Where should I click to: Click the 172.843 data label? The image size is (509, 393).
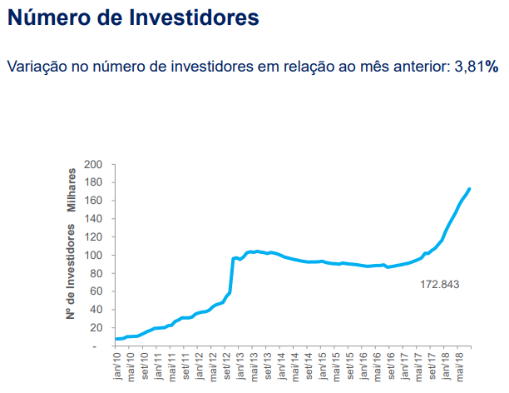pyautogui.click(x=440, y=285)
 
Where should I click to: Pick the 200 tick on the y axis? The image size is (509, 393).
pyautogui.click(x=92, y=164)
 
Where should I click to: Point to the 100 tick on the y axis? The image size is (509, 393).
pyautogui.click(x=92, y=255)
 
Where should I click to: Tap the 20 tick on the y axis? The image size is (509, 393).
pyautogui.click(x=95, y=327)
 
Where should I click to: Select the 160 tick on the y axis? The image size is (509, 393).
pyautogui.click(x=92, y=201)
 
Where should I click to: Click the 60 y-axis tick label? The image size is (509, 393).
pyautogui.click(x=95, y=291)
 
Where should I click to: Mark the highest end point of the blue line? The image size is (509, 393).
pyautogui.click(x=470, y=189)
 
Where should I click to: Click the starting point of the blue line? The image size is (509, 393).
pyautogui.click(x=116, y=339)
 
